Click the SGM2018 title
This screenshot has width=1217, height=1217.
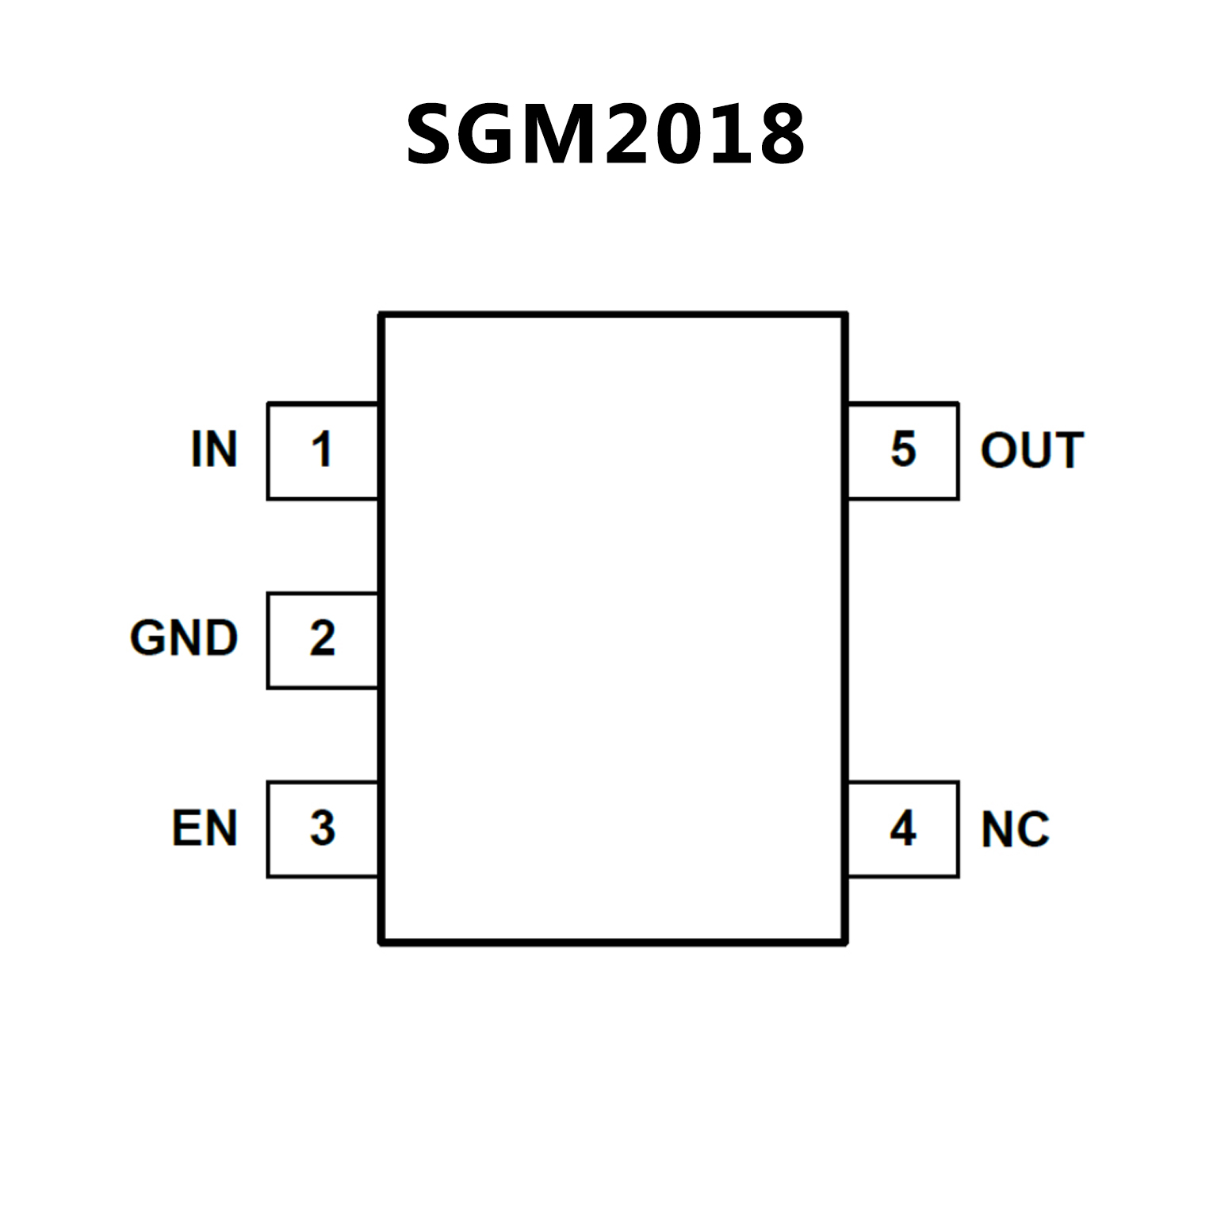tap(606, 134)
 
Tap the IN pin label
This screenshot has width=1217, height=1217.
tap(214, 450)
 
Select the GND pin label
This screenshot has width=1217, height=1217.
tap(184, 638)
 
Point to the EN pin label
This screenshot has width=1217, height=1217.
tap(205, 829)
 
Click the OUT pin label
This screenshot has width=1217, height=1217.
tap(1031, 450)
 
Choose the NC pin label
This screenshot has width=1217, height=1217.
tap(1015, 830)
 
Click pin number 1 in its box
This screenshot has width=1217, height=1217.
tap(321, 450)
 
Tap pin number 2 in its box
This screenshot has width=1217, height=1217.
tap(322, 638)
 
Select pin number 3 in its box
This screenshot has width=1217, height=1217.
tap(322, 829)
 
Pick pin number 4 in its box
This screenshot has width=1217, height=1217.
tap(903, 829)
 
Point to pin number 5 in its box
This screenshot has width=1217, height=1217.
tap(903, 450)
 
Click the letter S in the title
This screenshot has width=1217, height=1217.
tap(434, 134)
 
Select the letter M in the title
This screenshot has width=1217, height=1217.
tap(559, 134)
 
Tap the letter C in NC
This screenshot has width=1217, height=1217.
tap(1033, 830)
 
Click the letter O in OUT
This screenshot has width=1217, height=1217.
tap(998, 450)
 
